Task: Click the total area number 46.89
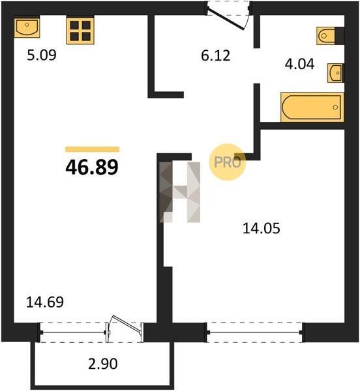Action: tap(92, 167)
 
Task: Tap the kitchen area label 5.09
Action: tap(42, 55)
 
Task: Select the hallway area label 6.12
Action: tap(216, 55)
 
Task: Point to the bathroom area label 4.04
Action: tap(299, 64)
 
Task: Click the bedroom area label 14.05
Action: tap(262, 228)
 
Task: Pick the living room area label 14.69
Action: tap(45, 302)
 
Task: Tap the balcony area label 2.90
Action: tap(103, 364)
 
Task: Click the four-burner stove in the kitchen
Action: tap(80, 30)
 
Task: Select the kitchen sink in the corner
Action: tap(27, 27)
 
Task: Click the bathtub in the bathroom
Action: tap(312, 108)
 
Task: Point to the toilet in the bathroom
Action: tap(330, 36)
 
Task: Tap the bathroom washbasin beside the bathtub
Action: tap(335, 73)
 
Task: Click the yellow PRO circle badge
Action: tap(227, 162)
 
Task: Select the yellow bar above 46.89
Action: tap(93, 149)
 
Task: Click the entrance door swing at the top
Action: tap(226, 20)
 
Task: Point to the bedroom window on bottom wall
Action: tap(254, 332)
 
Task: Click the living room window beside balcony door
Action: tap(73, 332)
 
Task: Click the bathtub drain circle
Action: tap(335, 108)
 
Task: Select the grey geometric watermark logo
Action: tap(180, 192)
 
